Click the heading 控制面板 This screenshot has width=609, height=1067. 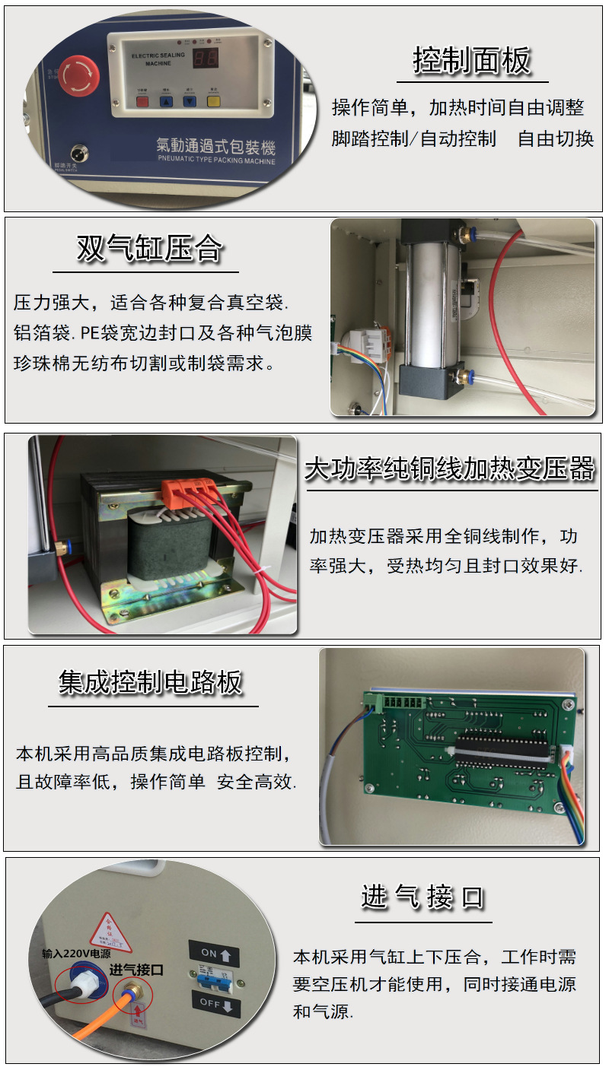point(472,61)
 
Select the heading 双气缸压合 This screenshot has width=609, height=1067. point(149,249)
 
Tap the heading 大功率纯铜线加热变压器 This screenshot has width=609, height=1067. point(449,468)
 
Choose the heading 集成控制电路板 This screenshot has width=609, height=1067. point(151,682)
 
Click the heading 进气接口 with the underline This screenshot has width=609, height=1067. point(422,897)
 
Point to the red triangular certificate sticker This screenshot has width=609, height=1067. point(112,932)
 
